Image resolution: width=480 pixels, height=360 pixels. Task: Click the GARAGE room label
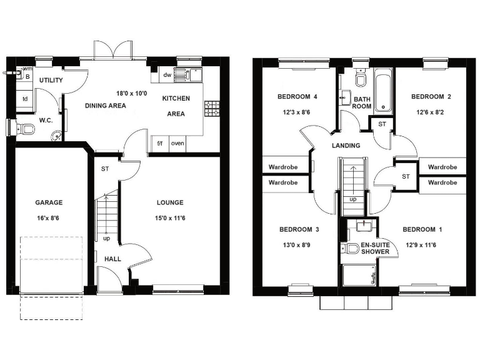[x=49, y=202]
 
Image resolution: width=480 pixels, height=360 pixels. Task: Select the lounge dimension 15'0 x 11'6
[x=170, y=219]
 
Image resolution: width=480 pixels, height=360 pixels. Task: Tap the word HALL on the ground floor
[x=112, y=259]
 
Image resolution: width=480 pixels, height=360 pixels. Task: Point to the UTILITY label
[x=51, y=81]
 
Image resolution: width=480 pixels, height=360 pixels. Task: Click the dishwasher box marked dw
[x=167, y=76]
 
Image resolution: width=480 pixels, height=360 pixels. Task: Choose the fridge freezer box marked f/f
[x=160, y=143]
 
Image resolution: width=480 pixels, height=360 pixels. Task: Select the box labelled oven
[x=178, y=143]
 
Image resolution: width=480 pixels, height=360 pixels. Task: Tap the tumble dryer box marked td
[x=25, y=99]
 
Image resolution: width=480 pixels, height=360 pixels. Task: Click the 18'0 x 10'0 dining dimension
[x=131, y=94]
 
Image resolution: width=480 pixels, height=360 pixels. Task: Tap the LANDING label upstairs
[x=346, y=146]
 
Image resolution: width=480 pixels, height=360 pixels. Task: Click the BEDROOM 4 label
[x=297, y=97]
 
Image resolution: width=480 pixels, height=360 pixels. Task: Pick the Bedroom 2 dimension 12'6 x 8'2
[x=431, y=113]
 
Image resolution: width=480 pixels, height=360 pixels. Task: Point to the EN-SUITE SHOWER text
[x=375, y=248]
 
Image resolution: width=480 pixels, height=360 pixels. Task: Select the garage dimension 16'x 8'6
[x=49, y=219]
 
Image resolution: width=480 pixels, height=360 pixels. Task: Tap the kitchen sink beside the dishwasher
[x=184, y=75]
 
